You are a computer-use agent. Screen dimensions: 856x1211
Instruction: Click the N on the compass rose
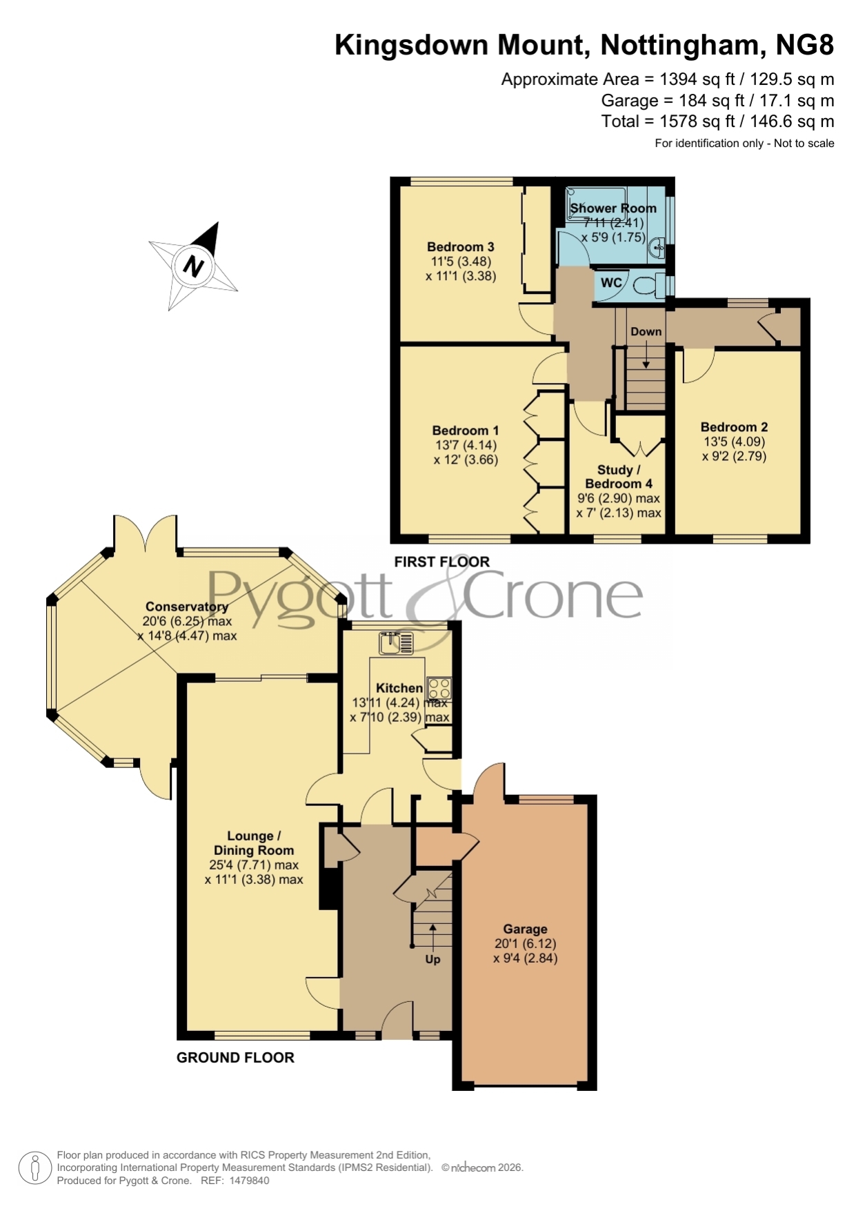click(x=194, y=266)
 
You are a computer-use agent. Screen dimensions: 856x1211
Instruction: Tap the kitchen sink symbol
click(x=396, y=643)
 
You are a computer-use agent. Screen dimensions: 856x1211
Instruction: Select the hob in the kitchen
click(x=439, y=688)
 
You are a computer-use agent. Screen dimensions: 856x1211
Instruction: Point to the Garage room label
click(x=525, y=929)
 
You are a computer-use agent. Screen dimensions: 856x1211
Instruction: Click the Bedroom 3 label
click(x=460, y=246)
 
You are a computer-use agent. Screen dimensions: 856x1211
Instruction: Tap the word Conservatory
click(x=186, y=607)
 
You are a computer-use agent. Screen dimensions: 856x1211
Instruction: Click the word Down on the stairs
click(x=646, y=331)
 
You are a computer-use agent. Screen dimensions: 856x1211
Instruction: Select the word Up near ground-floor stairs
click(x=432, y=959)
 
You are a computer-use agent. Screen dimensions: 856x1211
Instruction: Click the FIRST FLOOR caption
click(x=442, y=562)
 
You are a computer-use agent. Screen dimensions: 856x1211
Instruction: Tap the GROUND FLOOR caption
click(x=235, y=1057)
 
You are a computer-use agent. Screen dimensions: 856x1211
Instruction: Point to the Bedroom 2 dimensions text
click(x=735, y=449)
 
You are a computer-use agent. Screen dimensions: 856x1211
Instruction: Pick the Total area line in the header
click(x=717, y=121)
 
